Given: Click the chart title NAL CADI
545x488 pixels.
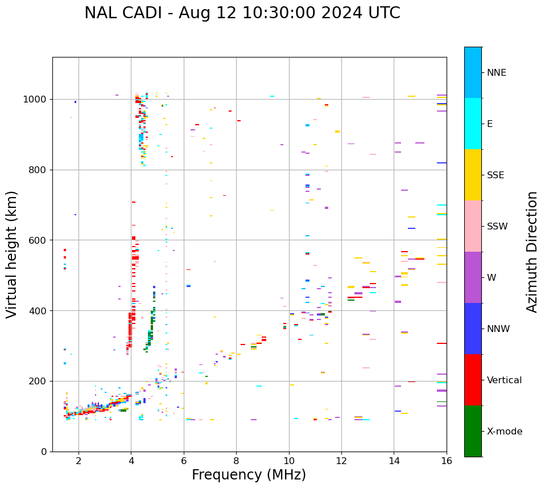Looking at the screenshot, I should click(242, 13).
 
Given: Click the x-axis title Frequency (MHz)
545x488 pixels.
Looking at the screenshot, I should click(249, 475).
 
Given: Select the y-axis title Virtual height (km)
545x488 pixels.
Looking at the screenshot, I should click(12, 255).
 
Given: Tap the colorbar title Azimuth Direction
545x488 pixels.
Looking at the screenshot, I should click(532, 252).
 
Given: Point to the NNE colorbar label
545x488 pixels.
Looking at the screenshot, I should click(496, 73).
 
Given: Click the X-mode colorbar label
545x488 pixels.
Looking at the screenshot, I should click(504, 432).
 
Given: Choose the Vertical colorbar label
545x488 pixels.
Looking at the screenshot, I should click(504, 380).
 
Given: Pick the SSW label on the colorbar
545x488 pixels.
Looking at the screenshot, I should click(497, 227).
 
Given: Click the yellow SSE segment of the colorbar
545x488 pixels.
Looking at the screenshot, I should click(473, 175).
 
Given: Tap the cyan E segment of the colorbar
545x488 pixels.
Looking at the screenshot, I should click(473, 124).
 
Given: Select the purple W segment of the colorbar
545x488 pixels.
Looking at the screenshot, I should click(473, 277).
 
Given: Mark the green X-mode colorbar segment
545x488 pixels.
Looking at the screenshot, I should click(473, 431).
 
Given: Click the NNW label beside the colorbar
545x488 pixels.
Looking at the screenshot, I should click(498, 329).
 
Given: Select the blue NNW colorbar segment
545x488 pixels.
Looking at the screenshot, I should click(473, 329).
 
